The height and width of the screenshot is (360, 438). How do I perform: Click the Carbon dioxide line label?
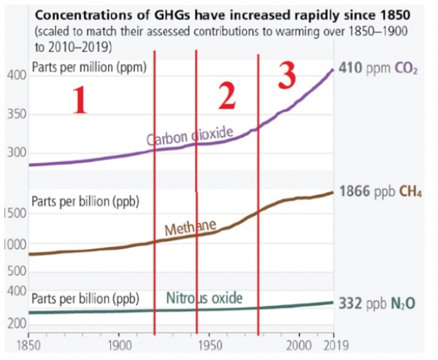(x=189, y=137)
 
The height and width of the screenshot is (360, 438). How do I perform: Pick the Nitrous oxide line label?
(x=204, y=298)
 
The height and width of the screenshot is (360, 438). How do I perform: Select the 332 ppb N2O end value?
(x=377, y=302)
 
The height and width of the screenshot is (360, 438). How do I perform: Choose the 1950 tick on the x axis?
(x=210, y=344)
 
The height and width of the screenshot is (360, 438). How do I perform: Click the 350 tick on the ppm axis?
(x=15, y=115)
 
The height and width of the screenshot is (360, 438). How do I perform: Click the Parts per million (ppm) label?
(x=90, y=68)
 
